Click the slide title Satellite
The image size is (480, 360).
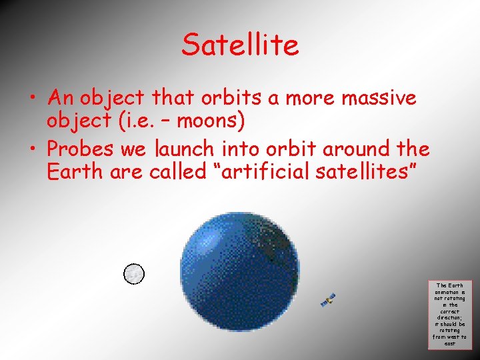240,45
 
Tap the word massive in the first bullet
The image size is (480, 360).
379,99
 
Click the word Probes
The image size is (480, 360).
81,148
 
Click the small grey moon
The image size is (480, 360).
134,273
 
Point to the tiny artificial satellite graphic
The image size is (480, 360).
327,299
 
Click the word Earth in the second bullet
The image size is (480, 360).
71,171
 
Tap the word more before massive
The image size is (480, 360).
311,99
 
